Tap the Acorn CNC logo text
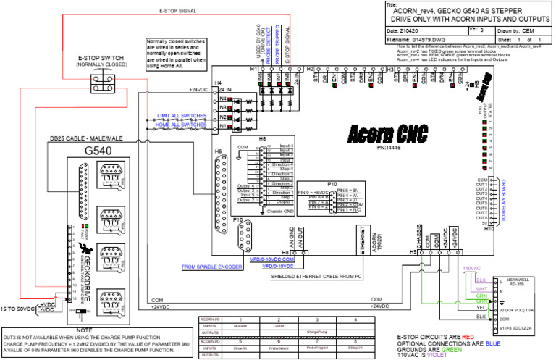click(386, 133)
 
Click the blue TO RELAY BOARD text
click(502, 201)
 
